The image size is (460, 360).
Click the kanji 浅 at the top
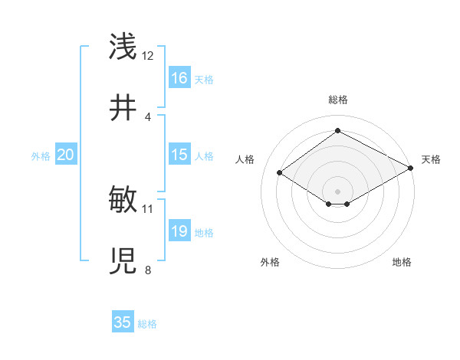[x=123, y=47]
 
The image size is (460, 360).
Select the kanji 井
[x=123, y=108]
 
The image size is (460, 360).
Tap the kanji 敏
[x=123, y=200]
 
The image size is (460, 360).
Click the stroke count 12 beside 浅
[x=148, y=56]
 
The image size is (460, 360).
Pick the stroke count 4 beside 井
[x=148, y=116]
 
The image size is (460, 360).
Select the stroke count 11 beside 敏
[x=148, y=208]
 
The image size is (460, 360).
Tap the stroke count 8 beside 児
[x=148, y=270]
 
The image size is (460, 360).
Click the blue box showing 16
[x=179, y=78]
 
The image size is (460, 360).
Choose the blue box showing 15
[x=179, y=155]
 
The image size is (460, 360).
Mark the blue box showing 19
[x=179, y=231]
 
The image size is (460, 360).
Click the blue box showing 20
[x=66, y=155]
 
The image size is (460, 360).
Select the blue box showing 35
[x=123, y=322]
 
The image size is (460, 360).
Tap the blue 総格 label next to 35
[x=147, y=324]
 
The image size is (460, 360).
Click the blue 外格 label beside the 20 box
[x=41, y=156]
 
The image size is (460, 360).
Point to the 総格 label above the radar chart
[x=337, y=100]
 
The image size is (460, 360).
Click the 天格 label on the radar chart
[x=431, y=159]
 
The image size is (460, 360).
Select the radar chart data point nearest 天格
[x=412, y=169]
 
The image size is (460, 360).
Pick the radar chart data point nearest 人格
[x=280, y=173]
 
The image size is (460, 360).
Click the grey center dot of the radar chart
[x=337, y=191]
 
